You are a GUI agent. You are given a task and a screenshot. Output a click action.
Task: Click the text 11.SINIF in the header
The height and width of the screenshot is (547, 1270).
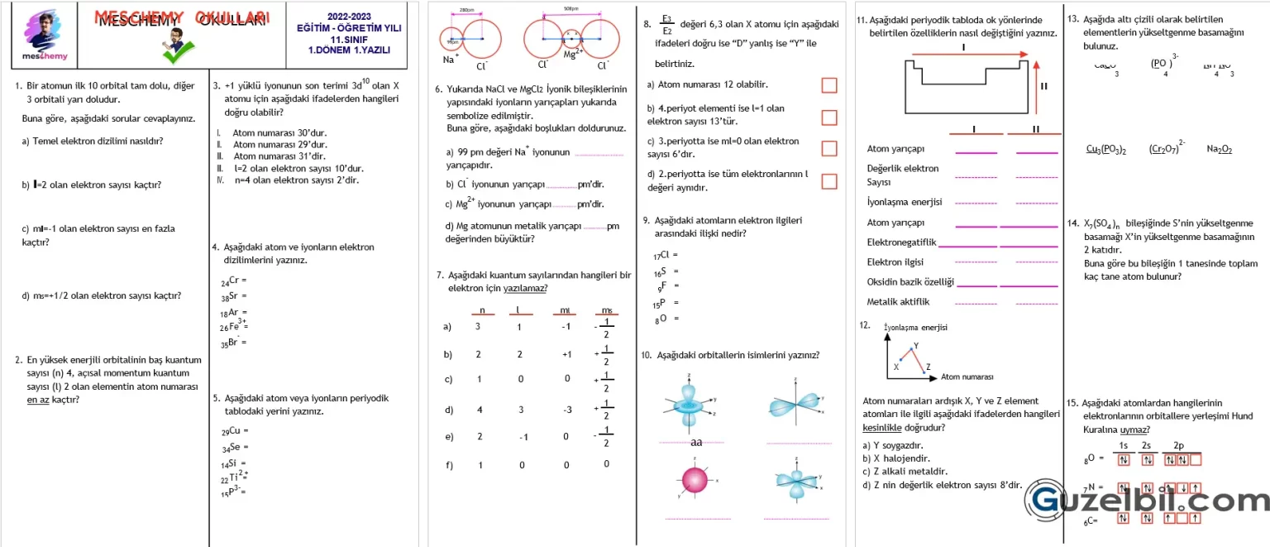coord(348,39)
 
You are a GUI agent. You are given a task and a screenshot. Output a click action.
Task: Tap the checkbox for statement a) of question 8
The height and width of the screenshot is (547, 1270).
coord(828,85)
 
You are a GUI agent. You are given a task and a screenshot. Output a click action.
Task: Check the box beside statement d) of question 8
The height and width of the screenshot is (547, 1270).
coord(828,180)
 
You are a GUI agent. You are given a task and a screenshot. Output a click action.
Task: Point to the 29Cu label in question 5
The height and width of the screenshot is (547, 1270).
coord(233,431)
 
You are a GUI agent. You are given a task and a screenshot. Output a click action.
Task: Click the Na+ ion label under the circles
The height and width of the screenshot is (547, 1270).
coord(451,58)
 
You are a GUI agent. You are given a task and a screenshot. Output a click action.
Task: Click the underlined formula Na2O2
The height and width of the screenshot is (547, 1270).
coord(1219,149)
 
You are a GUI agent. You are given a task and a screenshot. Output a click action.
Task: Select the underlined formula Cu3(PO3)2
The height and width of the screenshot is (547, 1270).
coord(1106,149)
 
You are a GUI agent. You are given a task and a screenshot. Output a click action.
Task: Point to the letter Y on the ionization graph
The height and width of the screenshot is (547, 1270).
coord(915,346)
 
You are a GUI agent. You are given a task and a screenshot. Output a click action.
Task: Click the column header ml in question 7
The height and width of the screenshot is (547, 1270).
coord(565,311)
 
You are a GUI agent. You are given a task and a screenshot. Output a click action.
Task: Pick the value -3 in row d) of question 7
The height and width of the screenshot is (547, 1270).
coord(566,410)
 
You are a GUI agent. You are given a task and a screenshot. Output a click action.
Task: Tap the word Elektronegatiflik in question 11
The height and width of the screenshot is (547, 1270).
coord(901,242)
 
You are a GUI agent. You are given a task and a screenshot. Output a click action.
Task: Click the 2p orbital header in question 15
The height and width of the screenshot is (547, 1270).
coord(1178,446)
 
